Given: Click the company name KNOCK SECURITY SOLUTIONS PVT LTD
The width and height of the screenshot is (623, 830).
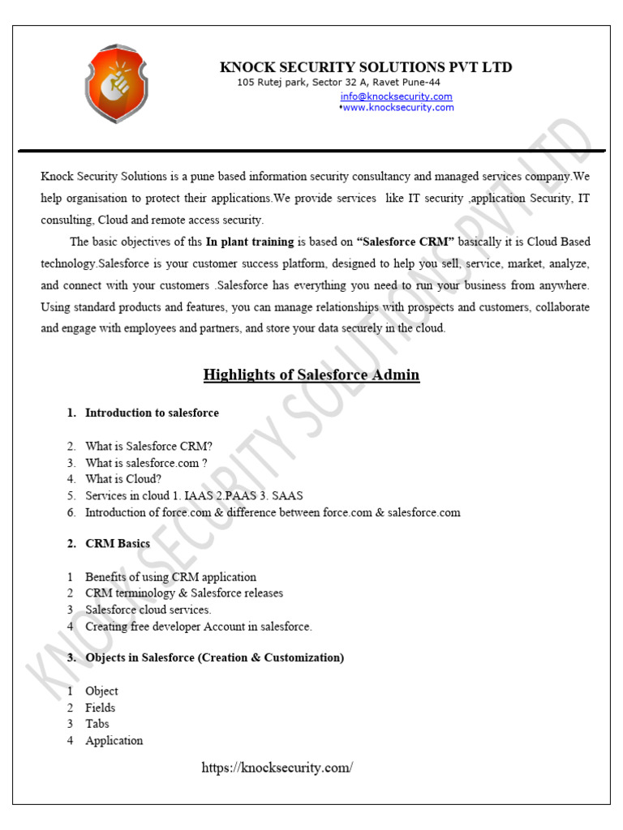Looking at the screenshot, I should tap(366, 67).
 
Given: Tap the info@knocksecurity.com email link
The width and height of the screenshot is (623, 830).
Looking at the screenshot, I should tap(396, 96).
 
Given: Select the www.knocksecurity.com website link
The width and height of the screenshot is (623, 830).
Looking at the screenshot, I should tap(397, 108).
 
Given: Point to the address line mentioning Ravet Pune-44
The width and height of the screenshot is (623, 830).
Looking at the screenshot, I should tap(338, 83).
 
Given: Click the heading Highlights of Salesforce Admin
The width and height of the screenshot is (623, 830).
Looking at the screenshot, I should tap(311, 374).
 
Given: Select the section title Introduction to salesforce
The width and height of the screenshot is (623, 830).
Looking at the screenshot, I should tap(152, 413).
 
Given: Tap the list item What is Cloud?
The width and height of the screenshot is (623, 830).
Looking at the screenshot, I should tap(123, 479).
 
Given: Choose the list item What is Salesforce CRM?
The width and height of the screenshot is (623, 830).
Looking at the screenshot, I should tap(148, 446).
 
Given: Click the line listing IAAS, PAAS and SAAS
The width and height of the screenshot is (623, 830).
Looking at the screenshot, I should tap(195, 495).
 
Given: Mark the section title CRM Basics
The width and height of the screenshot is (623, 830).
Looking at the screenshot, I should tap(118, 544).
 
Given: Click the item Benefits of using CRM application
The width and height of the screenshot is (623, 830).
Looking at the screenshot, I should tap(170, 577).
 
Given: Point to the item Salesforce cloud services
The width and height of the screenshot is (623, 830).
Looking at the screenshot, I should tap(148, 610).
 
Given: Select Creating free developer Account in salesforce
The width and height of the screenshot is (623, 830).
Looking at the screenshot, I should tap(198, 627).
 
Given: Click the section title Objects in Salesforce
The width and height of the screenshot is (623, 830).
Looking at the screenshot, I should tap(214, 657).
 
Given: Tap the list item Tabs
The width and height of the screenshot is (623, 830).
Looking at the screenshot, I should tap(97, 724).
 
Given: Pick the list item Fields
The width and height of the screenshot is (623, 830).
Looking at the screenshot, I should tap(101, 708).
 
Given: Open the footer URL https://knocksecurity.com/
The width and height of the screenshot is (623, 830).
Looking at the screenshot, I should tap(277, 768).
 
